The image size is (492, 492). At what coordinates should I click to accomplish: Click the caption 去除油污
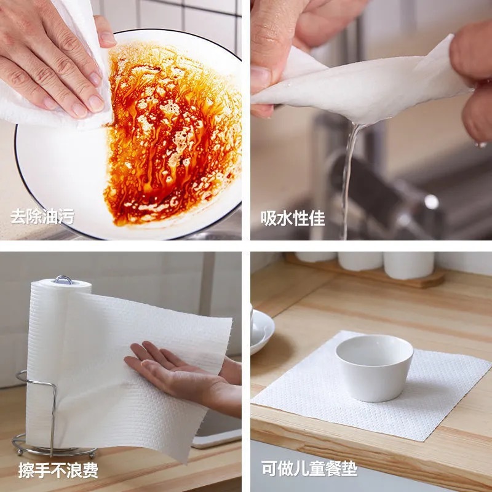[42, 216]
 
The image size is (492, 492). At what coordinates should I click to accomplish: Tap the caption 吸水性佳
[293, 218]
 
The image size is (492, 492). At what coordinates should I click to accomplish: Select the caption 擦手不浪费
[58, 471]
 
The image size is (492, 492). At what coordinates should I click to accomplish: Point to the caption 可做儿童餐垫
[309, 469]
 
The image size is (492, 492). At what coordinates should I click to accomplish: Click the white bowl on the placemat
[374, 366]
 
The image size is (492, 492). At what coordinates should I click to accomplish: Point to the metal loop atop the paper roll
[63, 280]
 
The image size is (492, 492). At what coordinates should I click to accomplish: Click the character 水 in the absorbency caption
[285, 218]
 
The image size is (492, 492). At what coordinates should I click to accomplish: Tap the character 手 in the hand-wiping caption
[42, 471]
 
